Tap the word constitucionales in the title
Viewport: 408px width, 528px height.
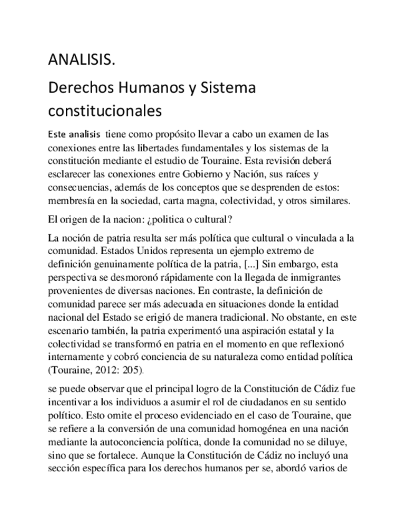(x=105, y=111)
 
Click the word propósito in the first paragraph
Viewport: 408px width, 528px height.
(x=174, y=134)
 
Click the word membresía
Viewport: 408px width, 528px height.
(x=72, y=201)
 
